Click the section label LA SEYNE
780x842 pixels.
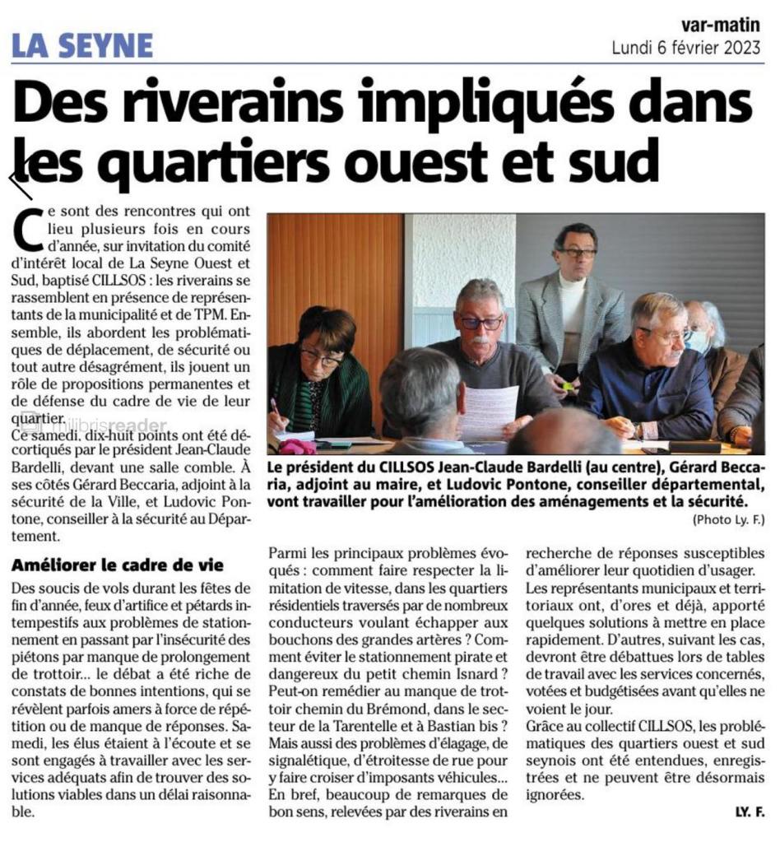click(x=82, y=44)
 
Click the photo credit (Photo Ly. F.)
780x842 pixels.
click(x=728, y=519)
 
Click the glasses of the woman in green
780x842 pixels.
click(x=320, y=357)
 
